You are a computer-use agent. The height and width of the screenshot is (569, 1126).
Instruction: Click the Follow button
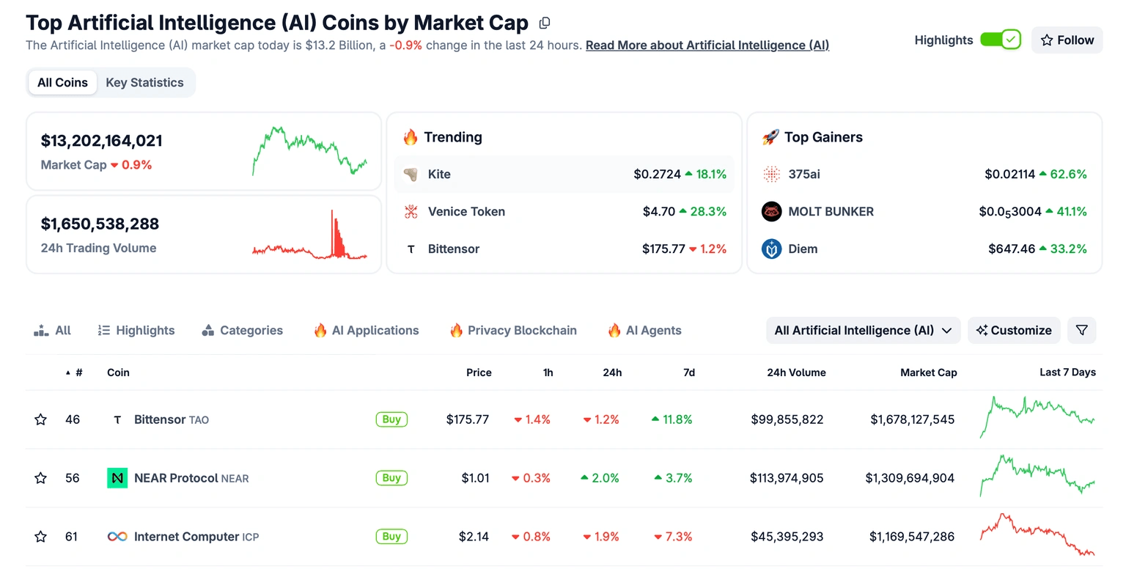point(1067,40)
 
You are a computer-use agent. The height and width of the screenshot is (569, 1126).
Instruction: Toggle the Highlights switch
point(1001,40)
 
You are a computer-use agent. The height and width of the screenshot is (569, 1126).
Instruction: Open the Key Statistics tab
point(144,83)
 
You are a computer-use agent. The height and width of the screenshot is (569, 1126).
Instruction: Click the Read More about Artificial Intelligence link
point(707,45)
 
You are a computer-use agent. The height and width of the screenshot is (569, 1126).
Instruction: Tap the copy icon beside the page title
point(544,23)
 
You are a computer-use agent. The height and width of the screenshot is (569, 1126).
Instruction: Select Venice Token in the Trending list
point(466,212)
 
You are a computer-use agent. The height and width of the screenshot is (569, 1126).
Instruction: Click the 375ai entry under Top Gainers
point(803,175)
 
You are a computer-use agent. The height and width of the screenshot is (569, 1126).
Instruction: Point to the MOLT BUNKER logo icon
point(771,212)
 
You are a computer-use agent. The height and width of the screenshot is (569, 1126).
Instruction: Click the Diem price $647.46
point(1012,249)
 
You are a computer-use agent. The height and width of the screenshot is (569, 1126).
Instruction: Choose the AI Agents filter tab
point(644,331)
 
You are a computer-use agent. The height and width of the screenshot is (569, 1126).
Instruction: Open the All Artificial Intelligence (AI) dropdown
point(863,331)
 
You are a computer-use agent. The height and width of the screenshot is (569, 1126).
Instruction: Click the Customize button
point(1014,331)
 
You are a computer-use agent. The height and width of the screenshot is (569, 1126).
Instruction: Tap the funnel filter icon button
point(1081,331)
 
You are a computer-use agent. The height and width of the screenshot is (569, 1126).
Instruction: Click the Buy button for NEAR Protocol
point(391,478)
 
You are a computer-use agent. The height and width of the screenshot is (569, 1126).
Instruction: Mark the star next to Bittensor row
point(40,419)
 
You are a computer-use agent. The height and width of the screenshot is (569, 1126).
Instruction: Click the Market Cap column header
point(928,372)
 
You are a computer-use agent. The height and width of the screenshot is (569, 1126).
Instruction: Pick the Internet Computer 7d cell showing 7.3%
point(673,537)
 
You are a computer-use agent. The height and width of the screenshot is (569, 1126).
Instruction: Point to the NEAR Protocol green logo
point(117,478)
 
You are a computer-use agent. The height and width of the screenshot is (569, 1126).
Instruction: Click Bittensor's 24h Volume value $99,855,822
point(787,419)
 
